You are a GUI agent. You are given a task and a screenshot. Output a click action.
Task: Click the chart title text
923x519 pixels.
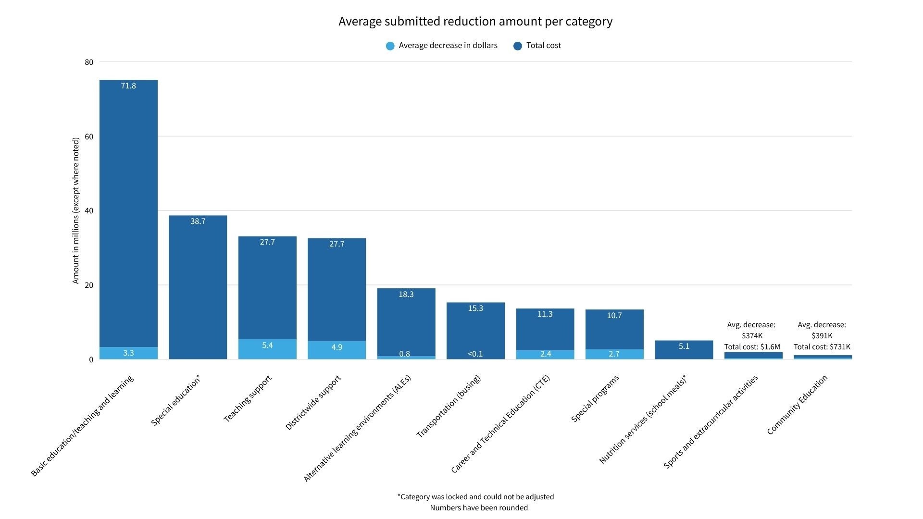point(475,22)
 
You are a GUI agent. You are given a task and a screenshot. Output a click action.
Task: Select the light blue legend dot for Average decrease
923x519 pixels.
point(390,46)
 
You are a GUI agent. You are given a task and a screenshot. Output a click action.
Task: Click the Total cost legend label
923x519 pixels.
point(543,46)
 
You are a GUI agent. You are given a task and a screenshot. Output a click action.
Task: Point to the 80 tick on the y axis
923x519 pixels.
point(89,62)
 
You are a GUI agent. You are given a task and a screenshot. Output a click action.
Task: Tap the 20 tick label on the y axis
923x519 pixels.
point(89,285)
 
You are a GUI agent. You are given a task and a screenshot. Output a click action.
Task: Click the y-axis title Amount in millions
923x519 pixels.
point(75,210)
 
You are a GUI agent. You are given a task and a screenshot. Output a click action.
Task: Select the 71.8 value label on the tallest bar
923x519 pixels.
point(128,86)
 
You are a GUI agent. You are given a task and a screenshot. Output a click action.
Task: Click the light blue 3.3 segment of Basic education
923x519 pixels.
point(128,353)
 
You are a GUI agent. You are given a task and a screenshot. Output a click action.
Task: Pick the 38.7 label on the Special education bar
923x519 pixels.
point(198,222)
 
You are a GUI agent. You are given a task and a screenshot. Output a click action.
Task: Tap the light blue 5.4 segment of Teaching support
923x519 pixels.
point(267,349)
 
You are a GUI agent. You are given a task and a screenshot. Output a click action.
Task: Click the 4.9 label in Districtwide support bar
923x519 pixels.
point(337,347)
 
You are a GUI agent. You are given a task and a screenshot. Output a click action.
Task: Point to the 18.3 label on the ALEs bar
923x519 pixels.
point(406,295)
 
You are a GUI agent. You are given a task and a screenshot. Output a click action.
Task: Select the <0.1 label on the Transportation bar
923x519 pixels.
point(475,354)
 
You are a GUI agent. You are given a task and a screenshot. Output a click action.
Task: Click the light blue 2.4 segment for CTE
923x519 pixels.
point(545,355)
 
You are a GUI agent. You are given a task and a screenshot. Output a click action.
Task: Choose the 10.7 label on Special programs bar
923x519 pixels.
point(614,316)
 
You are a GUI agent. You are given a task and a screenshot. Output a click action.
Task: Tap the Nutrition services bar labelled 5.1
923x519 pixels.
point(684,349)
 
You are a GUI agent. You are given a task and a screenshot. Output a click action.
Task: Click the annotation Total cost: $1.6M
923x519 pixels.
point(752,347)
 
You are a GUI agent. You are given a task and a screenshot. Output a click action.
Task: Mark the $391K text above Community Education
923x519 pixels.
point(822,336)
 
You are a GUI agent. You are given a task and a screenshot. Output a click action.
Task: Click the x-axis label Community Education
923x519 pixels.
point(797,405)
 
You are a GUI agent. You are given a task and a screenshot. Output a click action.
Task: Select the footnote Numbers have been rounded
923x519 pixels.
point(478,508)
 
